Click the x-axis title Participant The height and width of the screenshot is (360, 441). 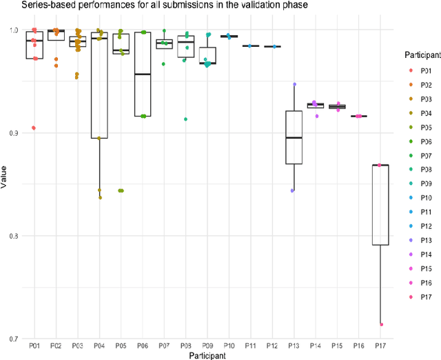pyautogui.click(x=207, y=354)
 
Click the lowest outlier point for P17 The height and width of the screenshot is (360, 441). pyautogui.click(x=381, y=324)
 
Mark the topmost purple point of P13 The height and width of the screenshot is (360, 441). pyautogui.click(x=294, y=84)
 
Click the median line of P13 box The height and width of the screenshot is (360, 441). pyautogui.click(x=294, y=138)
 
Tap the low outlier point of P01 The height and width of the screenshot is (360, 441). pyautogui.click(x=33, y=128)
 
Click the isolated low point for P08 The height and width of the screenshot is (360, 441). pyautogui.click(x=185, y=119)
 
